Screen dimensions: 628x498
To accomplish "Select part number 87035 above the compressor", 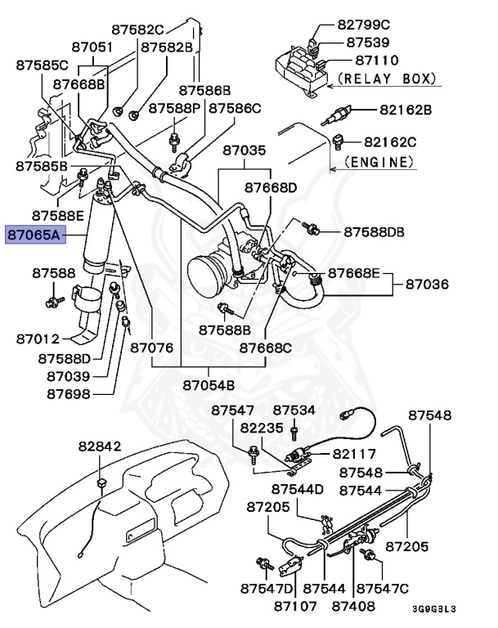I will [244, 150].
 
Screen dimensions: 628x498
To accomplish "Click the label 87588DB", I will [374, 232].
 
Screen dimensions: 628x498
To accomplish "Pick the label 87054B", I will [209, 384].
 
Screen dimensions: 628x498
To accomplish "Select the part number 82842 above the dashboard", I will [100, 446].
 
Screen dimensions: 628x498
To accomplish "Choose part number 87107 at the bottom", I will [295, 606].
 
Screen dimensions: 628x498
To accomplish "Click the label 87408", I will [353, 606].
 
